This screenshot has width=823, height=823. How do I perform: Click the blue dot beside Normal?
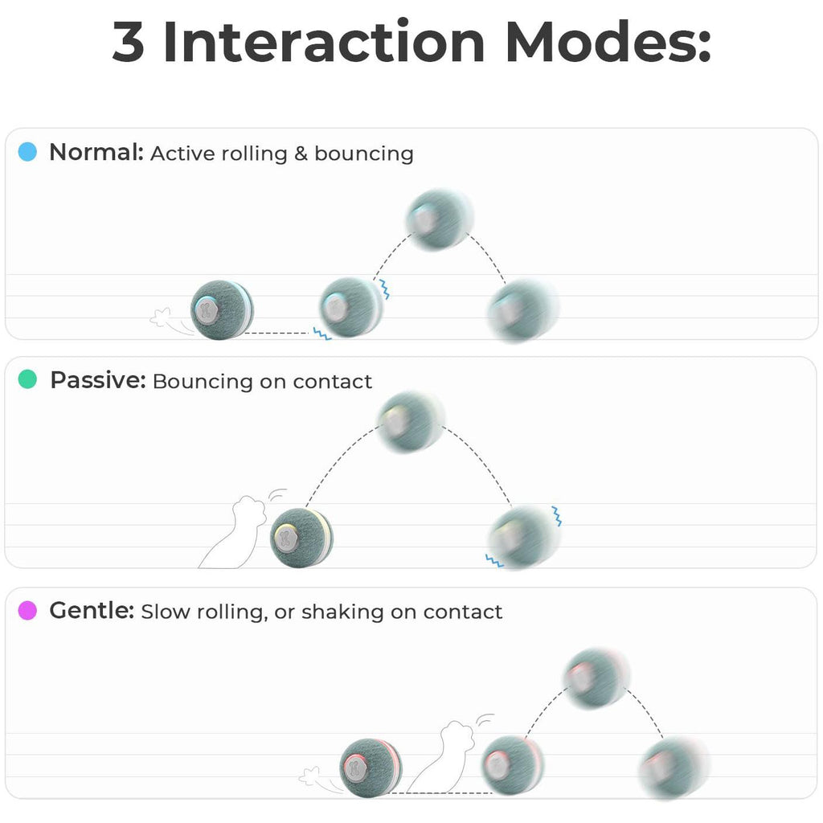tap(27, 152)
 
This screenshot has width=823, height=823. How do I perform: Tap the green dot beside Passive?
tap(27, 380)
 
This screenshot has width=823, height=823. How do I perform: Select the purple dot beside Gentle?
tap(27, 611)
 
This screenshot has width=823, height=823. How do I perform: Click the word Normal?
tap(96, 152)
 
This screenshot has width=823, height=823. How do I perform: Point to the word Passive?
tap(97, 380)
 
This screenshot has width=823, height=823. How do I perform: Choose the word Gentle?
tap(91, 611)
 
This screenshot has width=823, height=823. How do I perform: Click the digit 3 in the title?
tap(129, 43)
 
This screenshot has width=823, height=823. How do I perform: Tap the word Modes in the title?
tap(608, 43)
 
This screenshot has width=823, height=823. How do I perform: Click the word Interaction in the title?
tap(324, 43)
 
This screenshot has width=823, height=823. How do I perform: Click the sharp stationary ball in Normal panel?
tap(223, 309)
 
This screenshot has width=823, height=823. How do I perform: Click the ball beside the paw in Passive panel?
tap(301, 537)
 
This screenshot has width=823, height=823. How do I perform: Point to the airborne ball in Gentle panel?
tap(595, 677)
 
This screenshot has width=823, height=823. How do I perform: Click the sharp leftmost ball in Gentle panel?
tap(371, 768)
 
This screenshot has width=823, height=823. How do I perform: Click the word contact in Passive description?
tap(332, 381)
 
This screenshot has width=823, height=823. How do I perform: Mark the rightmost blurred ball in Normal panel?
tap(522, 309)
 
